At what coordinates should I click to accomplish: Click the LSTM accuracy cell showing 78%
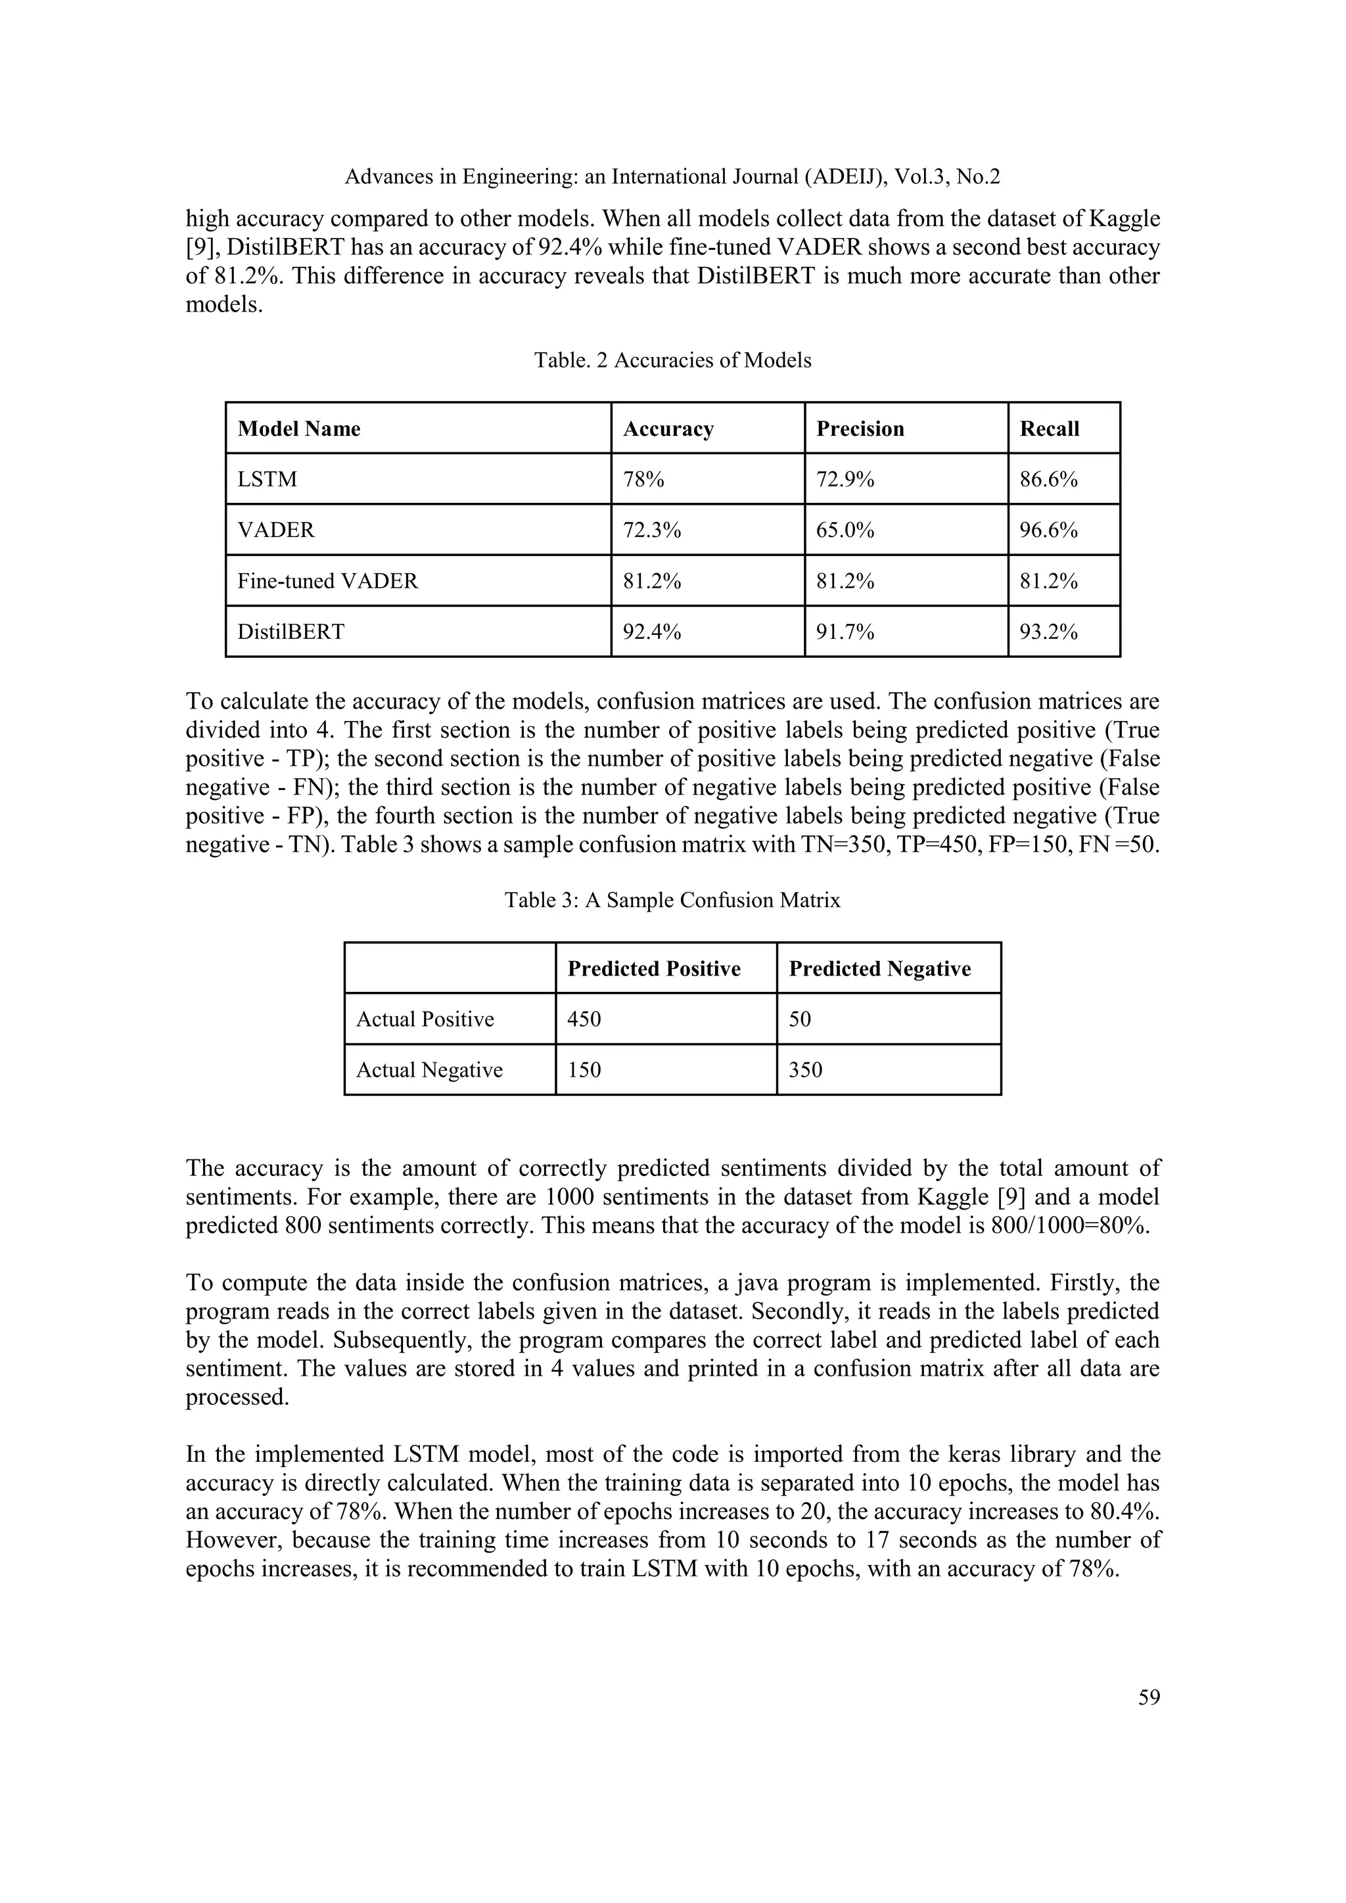pyautogui.click(x=643, y=479)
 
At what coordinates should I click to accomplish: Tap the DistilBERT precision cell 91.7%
pyautogui.click(x=845, y=632)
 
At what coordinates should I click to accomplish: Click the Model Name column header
pyautogui.click(x=298, y=429)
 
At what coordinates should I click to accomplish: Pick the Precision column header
pyautogui.click(x=860, y=429)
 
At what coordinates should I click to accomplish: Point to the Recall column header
pyautogui.click(x=1050, y=429)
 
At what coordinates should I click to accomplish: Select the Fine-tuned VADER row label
pyautogui.click(x=327, y=581)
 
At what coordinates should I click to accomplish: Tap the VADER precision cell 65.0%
pyautogui.click(x=845, y=530)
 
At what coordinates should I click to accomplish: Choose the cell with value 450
pyautogui.click(x=584, y=1019)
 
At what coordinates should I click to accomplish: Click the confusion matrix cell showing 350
pyautogui.click(x=805, y=1069)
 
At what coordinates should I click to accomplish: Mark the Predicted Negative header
pyautogui.click(x=879, y=968)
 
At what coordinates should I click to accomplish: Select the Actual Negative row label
pyautogui.click(x=429, y=1069)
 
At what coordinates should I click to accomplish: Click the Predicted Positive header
pyautogui.click(x=653, y=968)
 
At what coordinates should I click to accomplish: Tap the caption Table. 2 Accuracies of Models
pyautogui.click(x=672, y=360)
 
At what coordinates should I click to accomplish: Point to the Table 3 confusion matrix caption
pyautogui.click(x=672, y=900)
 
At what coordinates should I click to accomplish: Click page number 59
pyautogui.click(x=1149, y=1697)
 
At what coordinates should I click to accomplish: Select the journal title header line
pyautogui.click(x=672, y=177)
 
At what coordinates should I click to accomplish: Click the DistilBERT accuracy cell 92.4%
pyautogui.click(x=651, y=632)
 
